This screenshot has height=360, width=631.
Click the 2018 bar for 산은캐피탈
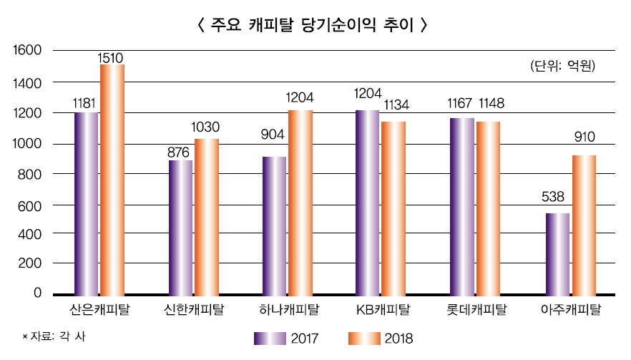point(112,179)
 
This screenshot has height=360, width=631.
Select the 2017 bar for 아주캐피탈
point(557,253)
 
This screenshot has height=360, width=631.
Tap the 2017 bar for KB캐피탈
point(368,202)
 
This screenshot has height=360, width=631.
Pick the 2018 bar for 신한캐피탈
point(206,216)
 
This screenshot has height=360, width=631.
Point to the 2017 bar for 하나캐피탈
point(274,225)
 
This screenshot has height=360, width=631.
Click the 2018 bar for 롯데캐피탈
point(488,208)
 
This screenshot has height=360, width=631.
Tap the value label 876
point(180,152)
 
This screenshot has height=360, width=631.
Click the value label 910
point(584,137)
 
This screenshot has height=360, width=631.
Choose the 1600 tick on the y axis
point(27,51)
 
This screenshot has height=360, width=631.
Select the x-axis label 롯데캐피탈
point(476,310)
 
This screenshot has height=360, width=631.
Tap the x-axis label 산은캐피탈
point(99,310)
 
